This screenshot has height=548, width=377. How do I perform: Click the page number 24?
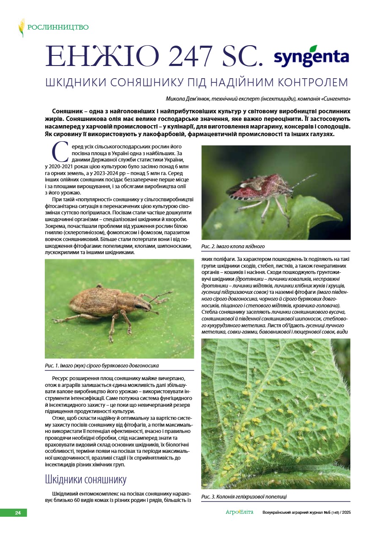[x=18, y=513]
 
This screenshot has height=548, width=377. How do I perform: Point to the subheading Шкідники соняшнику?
[x=85, y=479]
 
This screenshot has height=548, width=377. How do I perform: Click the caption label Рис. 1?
[x=54, y=365]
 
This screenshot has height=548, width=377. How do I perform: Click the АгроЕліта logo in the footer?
[x=239, y=512]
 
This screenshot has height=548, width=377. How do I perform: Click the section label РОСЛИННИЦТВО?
[x=58, y=27]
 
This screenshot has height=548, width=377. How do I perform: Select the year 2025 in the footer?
[x=347, y=512]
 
